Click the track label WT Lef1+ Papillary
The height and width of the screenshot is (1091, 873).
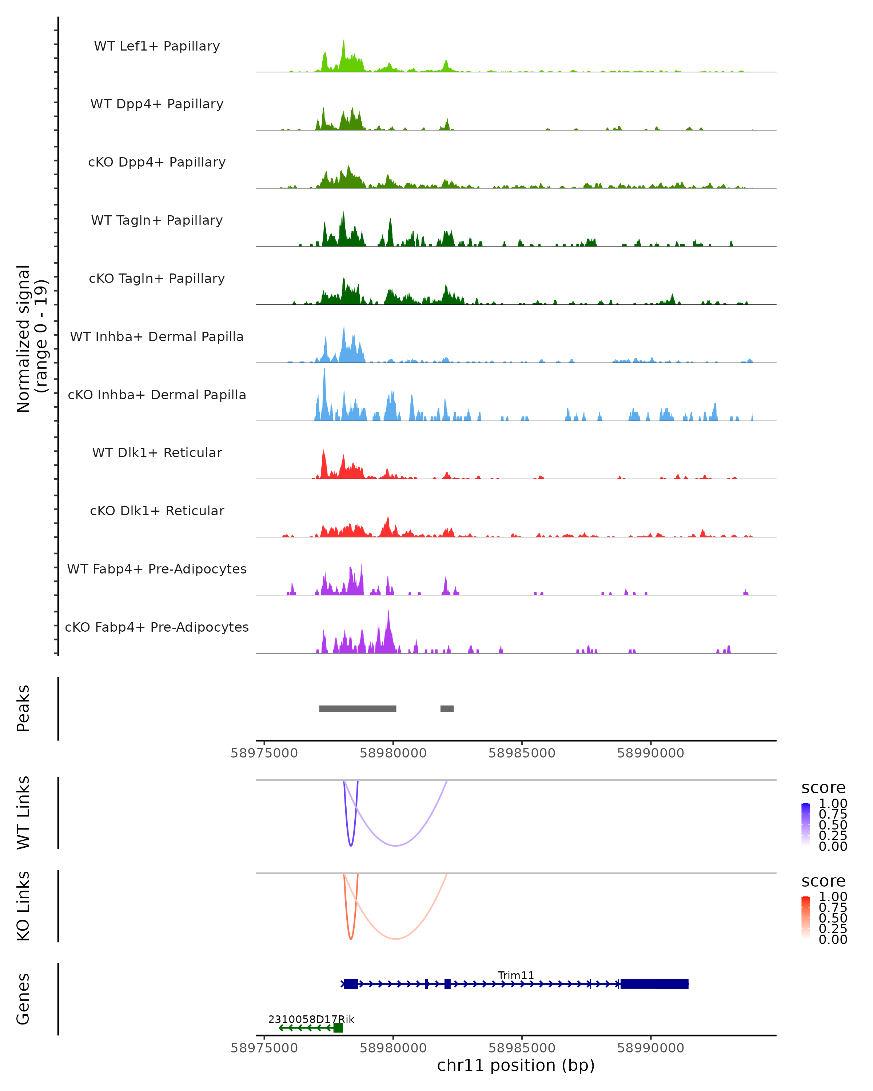[x=157, y=46]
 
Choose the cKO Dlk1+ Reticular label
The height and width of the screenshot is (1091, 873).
[x=157, y=511]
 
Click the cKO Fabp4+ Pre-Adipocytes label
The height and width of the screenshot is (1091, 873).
[x=157, y=627]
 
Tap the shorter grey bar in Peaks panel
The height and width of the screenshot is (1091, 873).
[x=447, y=708]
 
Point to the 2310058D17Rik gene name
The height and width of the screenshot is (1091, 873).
[x=311, y=1019]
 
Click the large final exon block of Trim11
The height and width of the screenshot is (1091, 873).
[x=654, y=984]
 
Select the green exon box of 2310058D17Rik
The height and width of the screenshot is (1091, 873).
[x=338, y=1028]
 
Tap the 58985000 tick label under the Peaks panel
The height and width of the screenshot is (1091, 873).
[x=522, y=753]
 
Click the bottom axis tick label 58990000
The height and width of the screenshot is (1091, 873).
[x=650, y=1048]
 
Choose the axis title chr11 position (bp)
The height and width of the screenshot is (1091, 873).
[x=516, y=1065]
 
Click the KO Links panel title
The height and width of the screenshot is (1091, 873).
[x=23, y=906]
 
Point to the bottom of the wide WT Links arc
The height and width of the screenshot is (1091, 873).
[x=396, y=846]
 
